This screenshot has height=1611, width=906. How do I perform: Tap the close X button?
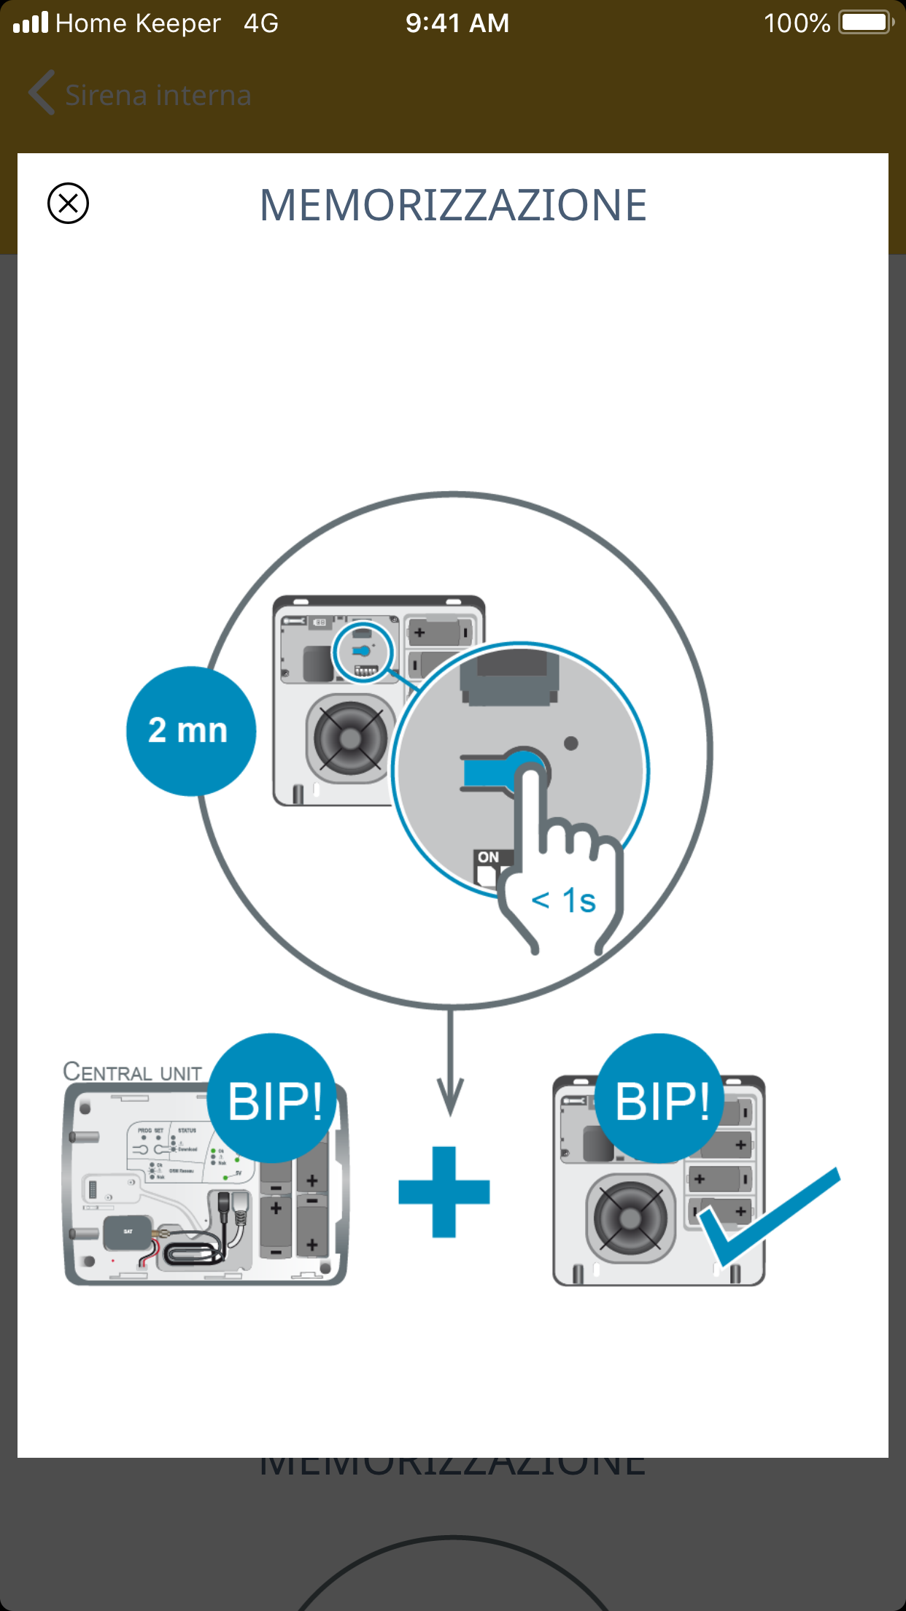click(68, 203)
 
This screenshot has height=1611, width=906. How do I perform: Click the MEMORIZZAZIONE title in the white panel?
click(453, 205)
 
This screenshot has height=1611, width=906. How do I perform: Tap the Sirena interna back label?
click(158, 95)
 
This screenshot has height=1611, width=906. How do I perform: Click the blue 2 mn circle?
click(190, 730)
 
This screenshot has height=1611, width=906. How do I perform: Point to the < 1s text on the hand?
click(564, 901)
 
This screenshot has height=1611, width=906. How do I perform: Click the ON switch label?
click(489, 857)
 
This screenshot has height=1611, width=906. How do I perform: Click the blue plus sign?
click(444, 1191)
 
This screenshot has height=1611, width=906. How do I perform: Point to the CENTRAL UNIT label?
click(132, 1072)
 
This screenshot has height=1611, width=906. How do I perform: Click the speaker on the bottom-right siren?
click(630, 1217)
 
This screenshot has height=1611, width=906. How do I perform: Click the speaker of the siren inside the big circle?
click(349, 738)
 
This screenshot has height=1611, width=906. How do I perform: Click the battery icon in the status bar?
click(865, 23)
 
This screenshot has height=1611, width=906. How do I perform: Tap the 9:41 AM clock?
click(457, 23)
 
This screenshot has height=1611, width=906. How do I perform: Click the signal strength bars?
click(31, 23)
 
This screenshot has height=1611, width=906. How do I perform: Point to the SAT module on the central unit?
click(128, 1232)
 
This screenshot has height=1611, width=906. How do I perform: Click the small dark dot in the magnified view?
click(571, 743)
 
